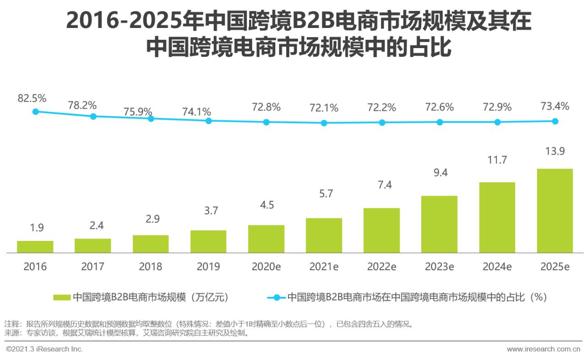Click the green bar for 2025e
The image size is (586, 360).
click(555, 211)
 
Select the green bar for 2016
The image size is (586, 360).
click(35, 247)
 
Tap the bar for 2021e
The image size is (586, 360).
click(324, 235)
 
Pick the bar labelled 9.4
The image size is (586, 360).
click(439, 224)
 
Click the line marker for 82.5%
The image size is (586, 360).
click(36, 111)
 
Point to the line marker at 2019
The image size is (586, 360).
click(208, 121)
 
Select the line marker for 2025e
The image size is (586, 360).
click(555, 121)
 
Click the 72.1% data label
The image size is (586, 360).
click(324, 108)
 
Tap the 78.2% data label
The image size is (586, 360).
click(82, 105)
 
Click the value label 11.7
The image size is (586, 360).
click(497, 160)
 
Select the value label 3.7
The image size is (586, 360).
click(211, 211)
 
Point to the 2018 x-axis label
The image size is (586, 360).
click(151, 267)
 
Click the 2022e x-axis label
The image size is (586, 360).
click(381, 267)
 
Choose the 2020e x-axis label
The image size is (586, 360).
click(266, 267)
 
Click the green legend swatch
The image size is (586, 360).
click(62, 297)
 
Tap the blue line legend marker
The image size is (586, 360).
click(276, 297)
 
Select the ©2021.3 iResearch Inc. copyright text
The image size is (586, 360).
click(44, 349)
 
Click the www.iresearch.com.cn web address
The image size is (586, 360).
click(543, 349)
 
